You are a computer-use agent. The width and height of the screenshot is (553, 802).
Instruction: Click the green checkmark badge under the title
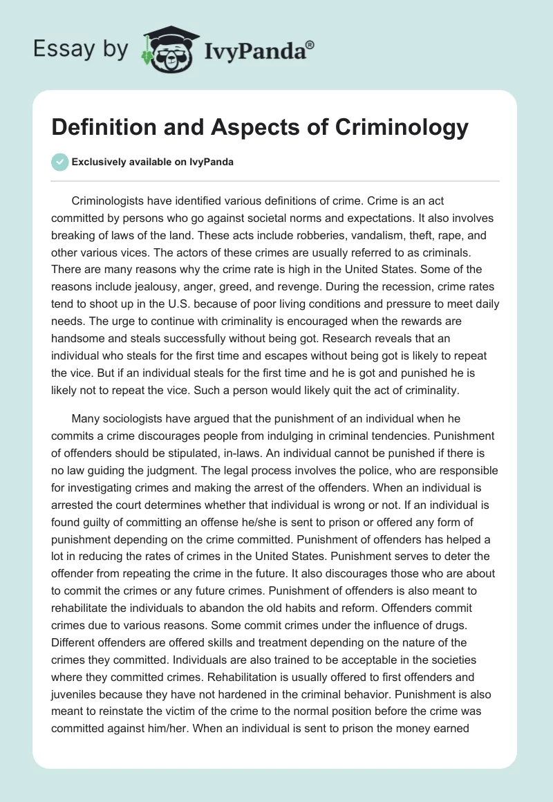tap(60, 162)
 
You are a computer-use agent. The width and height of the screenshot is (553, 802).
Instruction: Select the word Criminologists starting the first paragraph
tap(108, 201)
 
